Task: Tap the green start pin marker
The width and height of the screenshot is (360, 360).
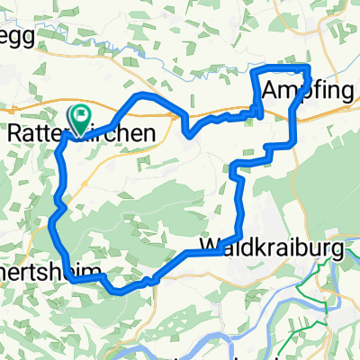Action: pyautogui.click(x=81, y=118)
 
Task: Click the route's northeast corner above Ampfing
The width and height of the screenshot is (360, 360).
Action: pyautogui.click(x=309, y=68)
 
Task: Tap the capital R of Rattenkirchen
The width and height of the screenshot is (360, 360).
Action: pyautogui.click(x=14, y=133)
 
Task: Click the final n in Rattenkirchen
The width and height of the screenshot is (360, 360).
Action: pyautogui.click(x=158, y=133)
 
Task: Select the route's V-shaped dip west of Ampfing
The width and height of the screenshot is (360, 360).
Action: pyautogui.click(x=188, y=135)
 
